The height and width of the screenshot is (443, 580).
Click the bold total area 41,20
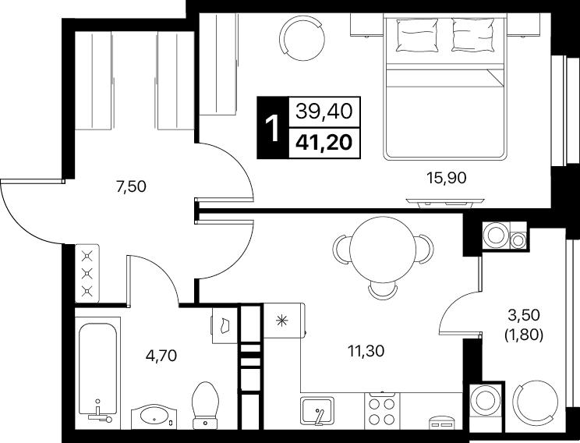click(324, 142)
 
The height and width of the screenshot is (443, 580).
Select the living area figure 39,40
click(324, 111)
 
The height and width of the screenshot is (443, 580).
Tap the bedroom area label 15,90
click(446, 179)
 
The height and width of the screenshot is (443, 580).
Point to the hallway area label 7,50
click(131, 187)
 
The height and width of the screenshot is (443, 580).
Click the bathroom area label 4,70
click(161, 356)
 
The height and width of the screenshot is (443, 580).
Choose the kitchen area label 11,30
click(366, 351)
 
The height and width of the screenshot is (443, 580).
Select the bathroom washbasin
click(154, 417)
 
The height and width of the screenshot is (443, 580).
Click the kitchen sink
click(317, 411)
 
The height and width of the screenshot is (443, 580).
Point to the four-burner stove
click(382, 411)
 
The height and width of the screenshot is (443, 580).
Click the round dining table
click(383, 250)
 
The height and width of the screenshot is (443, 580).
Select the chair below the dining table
click(383, 291)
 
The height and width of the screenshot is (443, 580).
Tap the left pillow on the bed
click(414, 35)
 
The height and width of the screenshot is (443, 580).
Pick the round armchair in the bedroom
click(304, 37)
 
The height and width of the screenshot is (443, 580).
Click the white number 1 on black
click(273, 128)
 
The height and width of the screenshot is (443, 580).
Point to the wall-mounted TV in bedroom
click(445, 202)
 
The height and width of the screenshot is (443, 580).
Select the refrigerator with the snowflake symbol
click(284, 321)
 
